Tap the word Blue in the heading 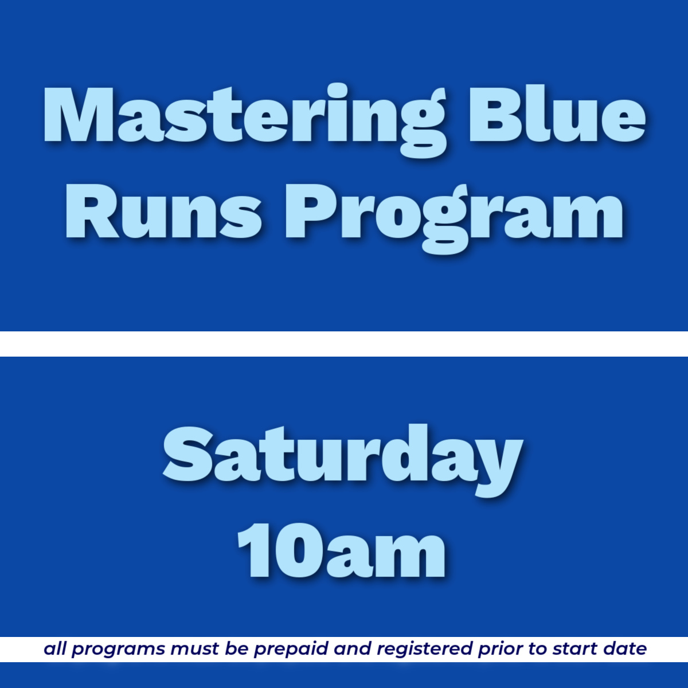click(557, 115)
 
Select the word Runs click(164, 212)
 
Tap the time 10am click(342, 550)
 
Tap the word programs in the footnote click(117, 650)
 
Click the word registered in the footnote click(424, 649)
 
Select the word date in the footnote click(624, 649)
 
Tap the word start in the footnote click(574, 649)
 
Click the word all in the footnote click(55, 649)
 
